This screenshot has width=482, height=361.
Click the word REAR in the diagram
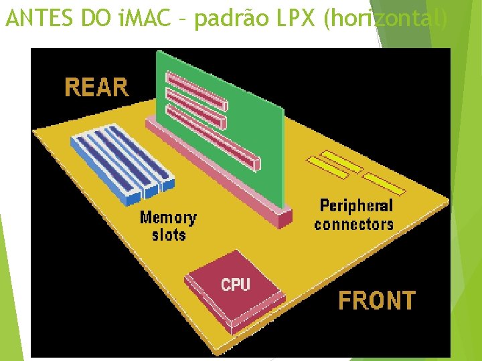click(x=96, y=88)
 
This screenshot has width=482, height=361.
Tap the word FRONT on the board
click(x=376, y=301)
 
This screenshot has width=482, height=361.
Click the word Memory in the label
click(x=168, y=217)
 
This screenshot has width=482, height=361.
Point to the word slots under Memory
click(x=168, y=235)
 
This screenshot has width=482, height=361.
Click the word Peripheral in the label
click(x=356, y=206)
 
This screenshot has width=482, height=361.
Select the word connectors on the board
click(x=353, y=224)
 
